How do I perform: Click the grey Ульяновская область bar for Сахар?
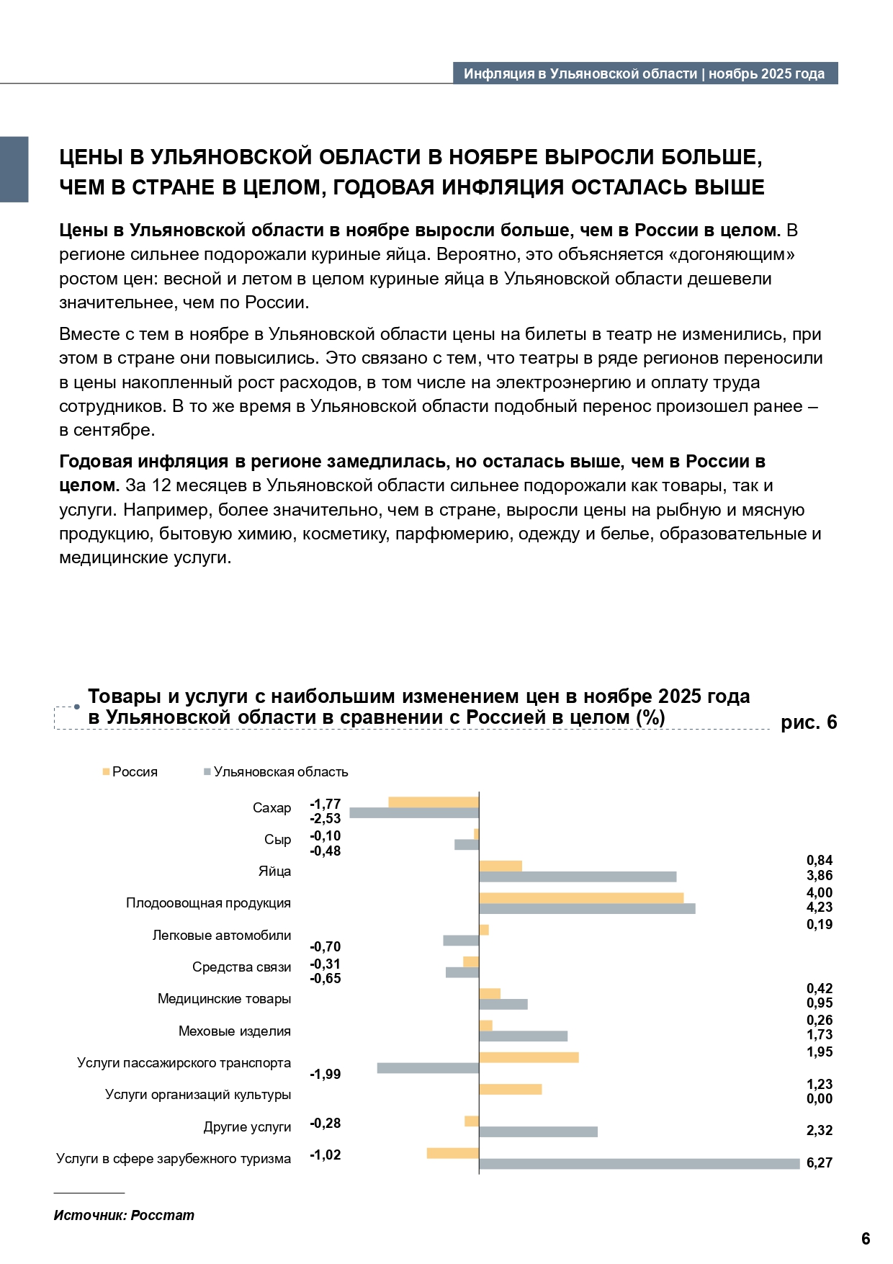click(414, 813)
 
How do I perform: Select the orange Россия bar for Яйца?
click(501, 866)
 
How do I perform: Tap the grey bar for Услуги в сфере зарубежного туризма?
click(640, 1164)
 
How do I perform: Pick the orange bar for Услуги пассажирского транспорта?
click(529, 1057)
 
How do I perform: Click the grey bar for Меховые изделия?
click(523, 1036)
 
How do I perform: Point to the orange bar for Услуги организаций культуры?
click(510, 1090)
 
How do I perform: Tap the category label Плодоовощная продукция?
click(208, 903)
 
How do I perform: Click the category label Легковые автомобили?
click(222, 936)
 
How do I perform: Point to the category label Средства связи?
click(241, 967)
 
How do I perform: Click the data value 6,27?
click(820, 1163)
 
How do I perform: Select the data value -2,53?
click(326, 819)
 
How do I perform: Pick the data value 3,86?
click(820, 876)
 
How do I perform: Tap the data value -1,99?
click(326, 1075)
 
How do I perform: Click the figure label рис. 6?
click(809, 722)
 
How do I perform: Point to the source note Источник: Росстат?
click(124, 1216)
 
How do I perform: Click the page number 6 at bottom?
click(866, 1239)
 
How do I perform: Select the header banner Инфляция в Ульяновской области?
click(645, 73)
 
